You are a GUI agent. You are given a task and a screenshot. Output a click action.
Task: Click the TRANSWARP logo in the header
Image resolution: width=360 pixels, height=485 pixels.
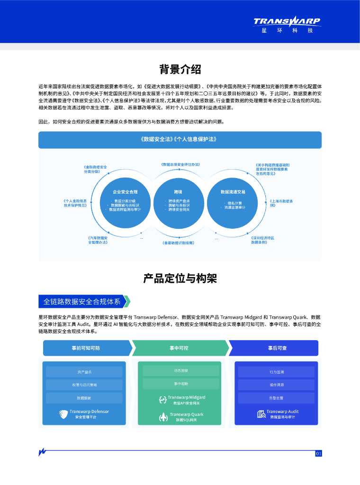point(287,21)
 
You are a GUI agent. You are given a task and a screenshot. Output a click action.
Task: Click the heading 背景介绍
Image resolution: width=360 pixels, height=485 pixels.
point(180,70)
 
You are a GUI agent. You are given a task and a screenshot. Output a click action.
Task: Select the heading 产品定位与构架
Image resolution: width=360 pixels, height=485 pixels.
point(180,278)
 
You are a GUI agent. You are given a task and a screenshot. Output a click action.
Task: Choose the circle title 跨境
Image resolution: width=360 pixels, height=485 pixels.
point(178,192)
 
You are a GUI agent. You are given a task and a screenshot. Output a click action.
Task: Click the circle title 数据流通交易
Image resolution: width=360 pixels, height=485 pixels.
point(233,192)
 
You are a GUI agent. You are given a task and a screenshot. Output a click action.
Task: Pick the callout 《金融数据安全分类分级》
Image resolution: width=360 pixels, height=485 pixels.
point(95,169)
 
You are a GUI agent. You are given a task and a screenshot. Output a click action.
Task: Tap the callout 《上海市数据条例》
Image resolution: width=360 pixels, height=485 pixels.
point(281,203)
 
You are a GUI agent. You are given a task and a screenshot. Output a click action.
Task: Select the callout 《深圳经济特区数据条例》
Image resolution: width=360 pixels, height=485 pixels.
point(263,240)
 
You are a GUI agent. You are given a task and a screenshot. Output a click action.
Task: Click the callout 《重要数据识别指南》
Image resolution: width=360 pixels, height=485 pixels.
point(178,242)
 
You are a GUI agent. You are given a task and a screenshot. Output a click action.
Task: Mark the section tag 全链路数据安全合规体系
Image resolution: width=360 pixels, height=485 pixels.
point(82,301)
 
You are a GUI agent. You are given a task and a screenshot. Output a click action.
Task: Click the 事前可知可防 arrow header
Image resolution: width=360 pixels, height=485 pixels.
point(86,348)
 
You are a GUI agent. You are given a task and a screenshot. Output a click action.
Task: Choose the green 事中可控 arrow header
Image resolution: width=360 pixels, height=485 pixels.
point(179,348)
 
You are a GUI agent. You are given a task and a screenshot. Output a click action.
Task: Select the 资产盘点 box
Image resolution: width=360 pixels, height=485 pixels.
point(84,372)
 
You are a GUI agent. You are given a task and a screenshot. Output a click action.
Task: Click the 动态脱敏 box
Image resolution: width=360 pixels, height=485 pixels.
point(180,370)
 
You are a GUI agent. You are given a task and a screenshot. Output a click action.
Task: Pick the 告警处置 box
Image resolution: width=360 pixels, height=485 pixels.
point(276,398)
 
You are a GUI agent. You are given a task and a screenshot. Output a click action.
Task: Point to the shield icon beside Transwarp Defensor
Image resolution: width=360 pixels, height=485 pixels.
point(63,414)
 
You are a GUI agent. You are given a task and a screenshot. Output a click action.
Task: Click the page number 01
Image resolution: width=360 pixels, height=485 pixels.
point(318,454)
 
